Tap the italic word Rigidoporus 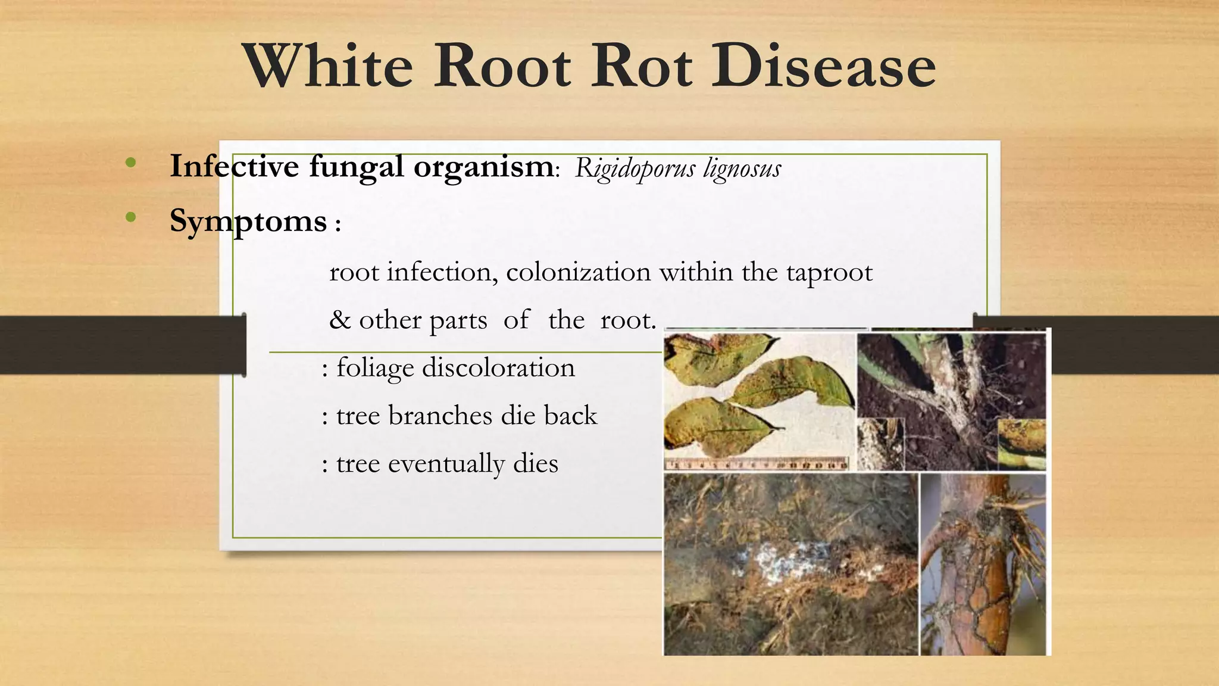click(x=634, y=169)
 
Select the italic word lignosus click(x=742, y=169)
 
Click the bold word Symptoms click(x=248, y=222)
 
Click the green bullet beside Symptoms click(x=131, y=217)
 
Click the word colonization click(x=578, y=273)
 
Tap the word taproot click(x=829, y=273)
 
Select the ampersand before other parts click(x=340, y=320)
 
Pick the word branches click(x=440, y=415)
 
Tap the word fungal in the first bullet click(x=357, y=167)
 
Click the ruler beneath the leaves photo click(x=756, y=464)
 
